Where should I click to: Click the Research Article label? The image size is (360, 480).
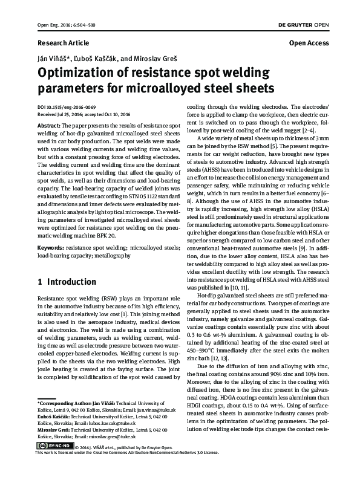pyautogui.click(x=63, y=44)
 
